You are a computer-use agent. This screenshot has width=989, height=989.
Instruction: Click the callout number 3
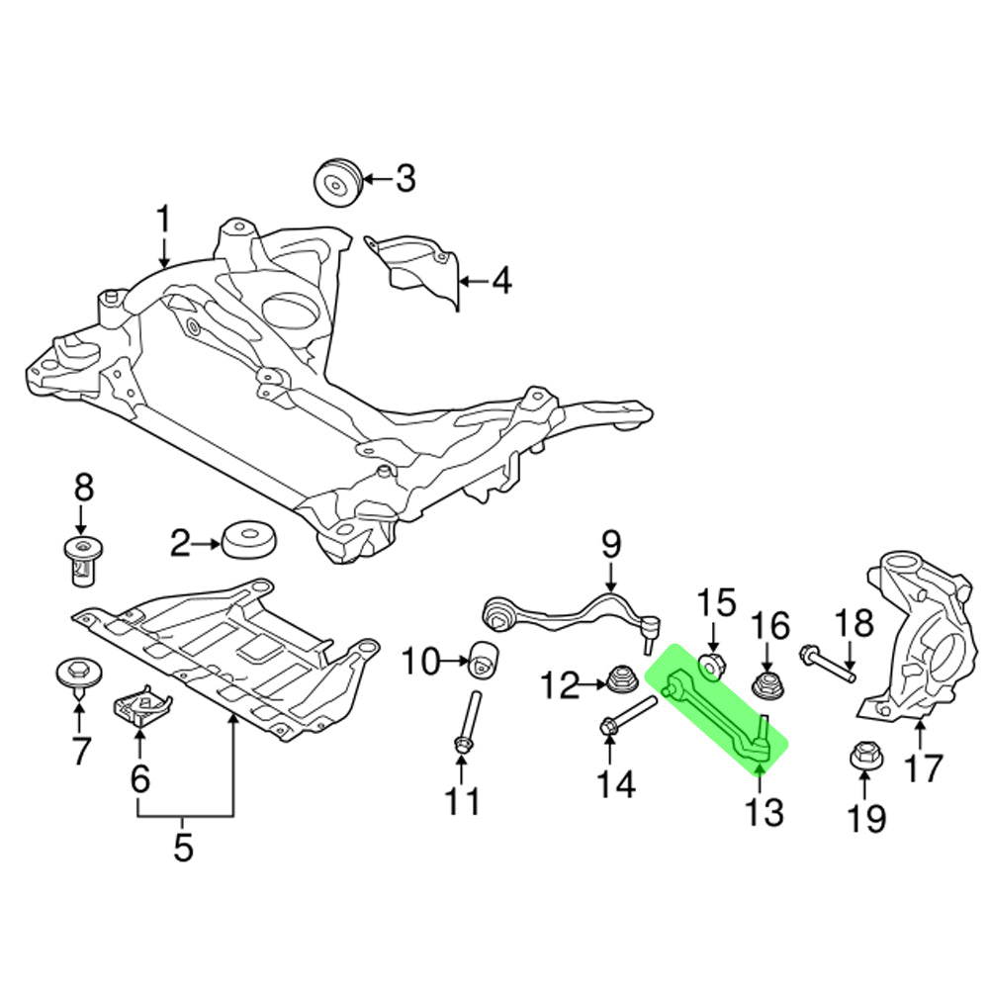pyautogui.click(x=405, y=179)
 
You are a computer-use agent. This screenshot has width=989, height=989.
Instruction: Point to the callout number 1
pyautogui.click(x=162, y=220)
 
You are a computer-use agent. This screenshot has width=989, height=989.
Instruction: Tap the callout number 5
pyautogui.click(x=184, y=847)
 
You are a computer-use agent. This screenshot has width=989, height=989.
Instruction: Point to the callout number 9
pyautogui.click(x=610, y=543)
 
